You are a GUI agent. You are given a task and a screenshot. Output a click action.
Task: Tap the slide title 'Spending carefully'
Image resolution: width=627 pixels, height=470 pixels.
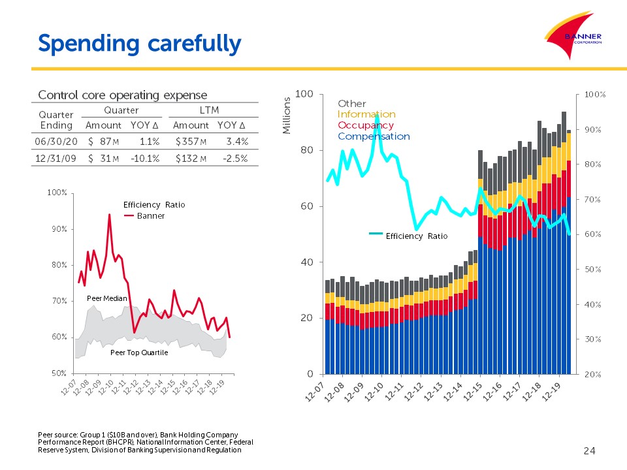click(x=140, y=44)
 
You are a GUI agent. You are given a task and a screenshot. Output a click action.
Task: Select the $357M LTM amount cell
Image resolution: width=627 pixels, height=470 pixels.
click(x=191, y=142)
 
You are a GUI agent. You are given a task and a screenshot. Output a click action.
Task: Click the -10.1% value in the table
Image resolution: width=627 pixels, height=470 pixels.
click(x=145, y=159)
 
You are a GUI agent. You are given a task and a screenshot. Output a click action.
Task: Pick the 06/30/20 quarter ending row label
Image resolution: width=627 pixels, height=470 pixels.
click(x=56, y=142)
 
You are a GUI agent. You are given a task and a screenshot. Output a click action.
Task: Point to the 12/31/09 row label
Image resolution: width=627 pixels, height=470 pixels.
click(x=56, y=159)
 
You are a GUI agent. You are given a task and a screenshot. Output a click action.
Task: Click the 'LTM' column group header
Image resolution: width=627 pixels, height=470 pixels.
click(x=209, y=110)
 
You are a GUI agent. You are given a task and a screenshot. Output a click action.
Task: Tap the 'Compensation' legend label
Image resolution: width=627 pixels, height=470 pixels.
click(x=374, y=136)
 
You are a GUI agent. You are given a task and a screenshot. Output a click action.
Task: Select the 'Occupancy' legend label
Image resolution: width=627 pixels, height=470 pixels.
click(x=366, y=125)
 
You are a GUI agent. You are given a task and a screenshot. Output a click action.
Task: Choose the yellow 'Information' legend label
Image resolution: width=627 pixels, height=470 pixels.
click(x=366, y=114)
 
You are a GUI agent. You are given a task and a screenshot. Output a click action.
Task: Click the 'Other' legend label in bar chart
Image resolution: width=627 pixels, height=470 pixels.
click(x=352, y=104)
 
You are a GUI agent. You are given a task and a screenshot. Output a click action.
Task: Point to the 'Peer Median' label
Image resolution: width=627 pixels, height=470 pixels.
click(x=106, y=298)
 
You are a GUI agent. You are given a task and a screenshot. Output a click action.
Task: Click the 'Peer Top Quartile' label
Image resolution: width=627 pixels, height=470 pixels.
click(x=139, y=352)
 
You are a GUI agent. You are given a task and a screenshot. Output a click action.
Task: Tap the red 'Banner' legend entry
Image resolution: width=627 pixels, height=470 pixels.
click(x=144, y=216)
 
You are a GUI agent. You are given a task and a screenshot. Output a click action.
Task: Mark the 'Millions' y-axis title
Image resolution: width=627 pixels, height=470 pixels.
click(x=286, y=116)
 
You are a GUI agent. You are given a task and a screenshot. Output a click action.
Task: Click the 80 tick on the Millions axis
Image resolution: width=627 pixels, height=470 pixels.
click(x=307, y=150)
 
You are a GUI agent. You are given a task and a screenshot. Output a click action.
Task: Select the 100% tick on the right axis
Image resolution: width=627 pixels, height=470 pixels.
click(x=595, y=95)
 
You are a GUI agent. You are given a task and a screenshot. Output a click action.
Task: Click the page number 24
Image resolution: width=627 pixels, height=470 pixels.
click(x=589, y=451)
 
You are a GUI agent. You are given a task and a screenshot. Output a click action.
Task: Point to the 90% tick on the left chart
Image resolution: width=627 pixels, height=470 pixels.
click(x=59, y=229)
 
